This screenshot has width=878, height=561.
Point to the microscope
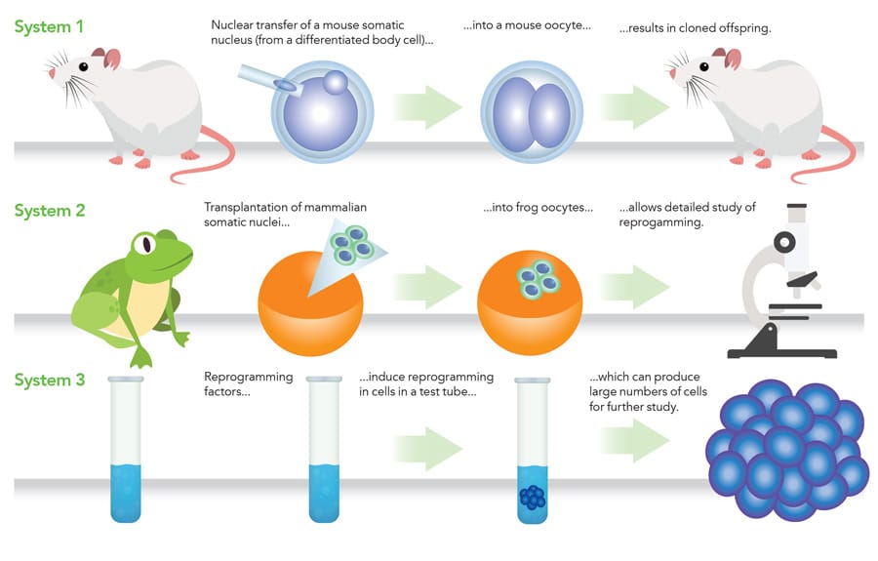[784, 283]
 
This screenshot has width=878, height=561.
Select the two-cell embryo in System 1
[532, 113]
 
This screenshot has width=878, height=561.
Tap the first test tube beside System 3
[127, 449]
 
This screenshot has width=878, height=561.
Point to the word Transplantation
[248, 208]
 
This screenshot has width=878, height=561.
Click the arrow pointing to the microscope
[635, 286]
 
